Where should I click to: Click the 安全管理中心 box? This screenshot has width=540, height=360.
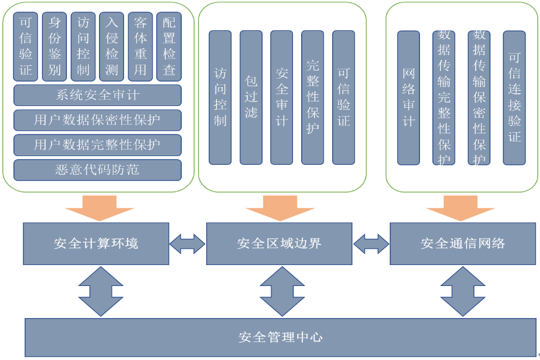tap(280, 337)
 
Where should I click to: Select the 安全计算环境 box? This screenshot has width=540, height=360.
tap(96, 243)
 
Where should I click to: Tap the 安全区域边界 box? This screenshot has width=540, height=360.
tap(279, 243)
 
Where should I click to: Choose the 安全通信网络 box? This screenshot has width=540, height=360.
tap(463, 243)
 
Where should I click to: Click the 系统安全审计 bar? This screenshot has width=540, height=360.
tap(97, 95)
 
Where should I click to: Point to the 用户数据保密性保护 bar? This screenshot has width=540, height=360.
tap(97, 120)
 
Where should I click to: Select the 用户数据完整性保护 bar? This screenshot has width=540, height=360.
tap(97, 145)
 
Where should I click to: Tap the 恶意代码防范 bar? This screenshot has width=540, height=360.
tap(97, 170)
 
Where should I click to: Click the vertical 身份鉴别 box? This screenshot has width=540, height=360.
tap(54, 47)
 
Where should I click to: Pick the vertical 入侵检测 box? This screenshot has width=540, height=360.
tap(111, 47)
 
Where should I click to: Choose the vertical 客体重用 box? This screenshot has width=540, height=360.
tap(140, 47)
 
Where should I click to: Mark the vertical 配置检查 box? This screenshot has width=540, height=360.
tap(169, 47)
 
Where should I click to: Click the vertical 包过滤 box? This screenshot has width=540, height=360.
tap(251, 97)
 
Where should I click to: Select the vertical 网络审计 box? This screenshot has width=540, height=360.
tap(408, 97)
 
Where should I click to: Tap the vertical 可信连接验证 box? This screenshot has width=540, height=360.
tap(514, 97)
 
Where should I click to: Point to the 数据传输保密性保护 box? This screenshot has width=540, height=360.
tap(479, 97)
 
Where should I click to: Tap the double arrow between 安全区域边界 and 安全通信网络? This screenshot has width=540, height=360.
tap(371, 243)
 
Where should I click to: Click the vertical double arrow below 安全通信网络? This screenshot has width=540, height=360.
tap(463, 291)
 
